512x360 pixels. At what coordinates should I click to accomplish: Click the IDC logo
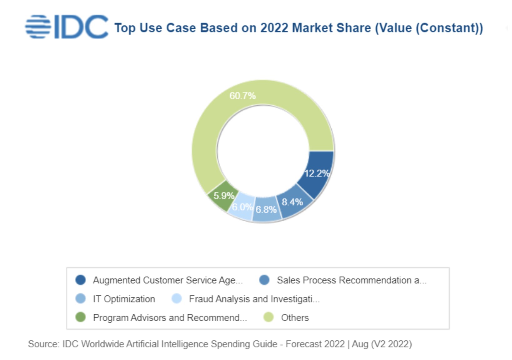[67, 27]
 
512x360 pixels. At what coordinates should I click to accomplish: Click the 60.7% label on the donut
[243, 96]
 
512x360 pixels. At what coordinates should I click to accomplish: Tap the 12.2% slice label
[317, 173]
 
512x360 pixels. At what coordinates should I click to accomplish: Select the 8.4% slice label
[292, 202]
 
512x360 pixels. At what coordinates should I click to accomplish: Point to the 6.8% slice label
[266, 209]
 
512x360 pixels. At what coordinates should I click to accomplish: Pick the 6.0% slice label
[242, 207]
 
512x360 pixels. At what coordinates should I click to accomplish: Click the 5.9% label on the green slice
[224, 196]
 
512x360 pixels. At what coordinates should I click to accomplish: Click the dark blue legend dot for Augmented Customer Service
[81, 280]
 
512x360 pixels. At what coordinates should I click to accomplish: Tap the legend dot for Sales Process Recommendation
[264, 280]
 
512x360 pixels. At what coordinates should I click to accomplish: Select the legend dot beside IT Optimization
[81, 299]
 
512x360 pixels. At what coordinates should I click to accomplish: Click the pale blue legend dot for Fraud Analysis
[177, 299]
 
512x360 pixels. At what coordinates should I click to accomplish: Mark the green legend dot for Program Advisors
[81, 317]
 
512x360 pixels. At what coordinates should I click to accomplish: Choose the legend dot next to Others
[269, 317]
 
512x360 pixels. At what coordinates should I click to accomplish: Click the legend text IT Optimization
[124, 299]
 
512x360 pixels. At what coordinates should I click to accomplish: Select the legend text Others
[295, 318]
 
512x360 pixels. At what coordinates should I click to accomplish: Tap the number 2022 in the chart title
[274, 28]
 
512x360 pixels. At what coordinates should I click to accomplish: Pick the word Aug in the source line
[360, 344]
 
